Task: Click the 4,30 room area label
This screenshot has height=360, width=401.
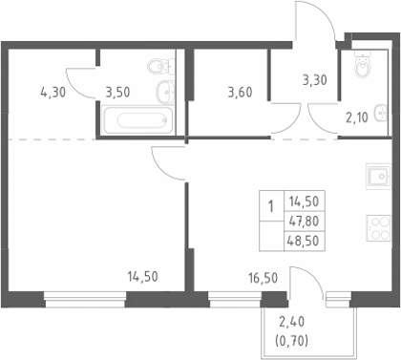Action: tap(53, 93)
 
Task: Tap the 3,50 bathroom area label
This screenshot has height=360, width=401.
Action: tap(117, 93)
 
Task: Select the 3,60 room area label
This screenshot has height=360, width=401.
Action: tap(240, 93)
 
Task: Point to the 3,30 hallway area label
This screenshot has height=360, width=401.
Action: tap(315, 80)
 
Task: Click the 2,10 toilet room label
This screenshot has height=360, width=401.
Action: tap(357, 117)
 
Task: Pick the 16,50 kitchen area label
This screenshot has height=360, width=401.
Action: tap(263, 278)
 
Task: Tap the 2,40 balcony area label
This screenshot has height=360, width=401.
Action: tap(292, 322)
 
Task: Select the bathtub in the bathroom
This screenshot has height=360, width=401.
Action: tap(138, 120)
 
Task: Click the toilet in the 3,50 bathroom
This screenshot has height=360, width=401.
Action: tap(161, 67)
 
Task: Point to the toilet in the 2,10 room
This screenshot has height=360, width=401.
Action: tap(363, 65)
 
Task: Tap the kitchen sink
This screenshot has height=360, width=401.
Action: tap(378, 177)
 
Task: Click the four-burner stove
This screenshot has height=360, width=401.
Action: tap(378, 228)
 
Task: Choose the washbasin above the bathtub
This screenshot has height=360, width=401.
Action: tap(165, 93)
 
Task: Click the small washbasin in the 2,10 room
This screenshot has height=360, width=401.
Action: tap(381, 114)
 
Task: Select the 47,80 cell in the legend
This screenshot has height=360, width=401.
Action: tap(304, 221)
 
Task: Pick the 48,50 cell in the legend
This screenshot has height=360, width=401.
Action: tap(303, 241)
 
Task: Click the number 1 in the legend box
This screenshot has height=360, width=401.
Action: tap(271, 206)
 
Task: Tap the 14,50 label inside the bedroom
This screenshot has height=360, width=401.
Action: tap(142, 277)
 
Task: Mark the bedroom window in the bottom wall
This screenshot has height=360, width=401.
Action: tap(85, 300)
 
